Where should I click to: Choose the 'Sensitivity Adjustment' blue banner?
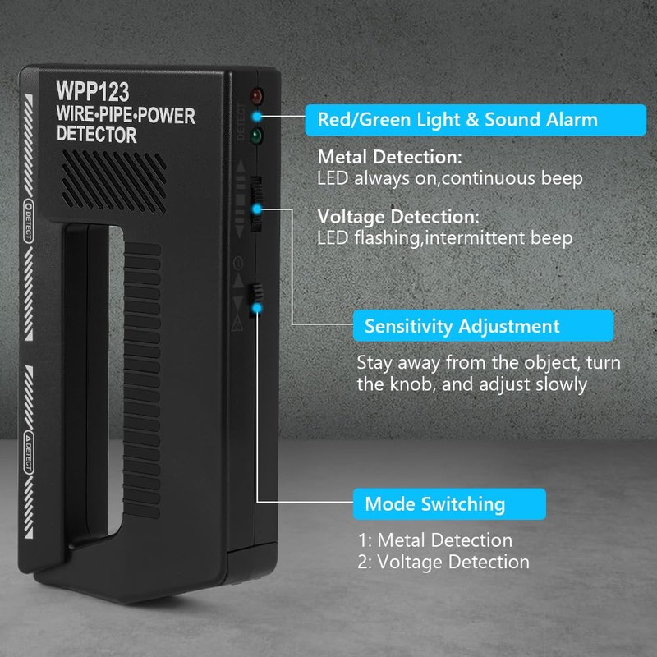tap(484, 326)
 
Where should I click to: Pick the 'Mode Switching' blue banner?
tap(448, 503)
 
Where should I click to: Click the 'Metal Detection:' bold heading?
tap(390, 157)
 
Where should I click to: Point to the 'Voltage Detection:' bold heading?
tap(398, 218)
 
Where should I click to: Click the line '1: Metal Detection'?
tap(435, 540)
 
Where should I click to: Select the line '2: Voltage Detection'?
tap(443, 562)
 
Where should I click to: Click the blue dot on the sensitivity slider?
tap(257, 209)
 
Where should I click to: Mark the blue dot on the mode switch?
tap(258, 308)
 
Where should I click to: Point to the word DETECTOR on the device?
tap(97, 135)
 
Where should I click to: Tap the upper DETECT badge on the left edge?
tap(29, 220)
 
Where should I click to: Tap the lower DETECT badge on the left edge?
tap(29, 450)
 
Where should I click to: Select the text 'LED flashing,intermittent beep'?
tap(445, 238)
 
